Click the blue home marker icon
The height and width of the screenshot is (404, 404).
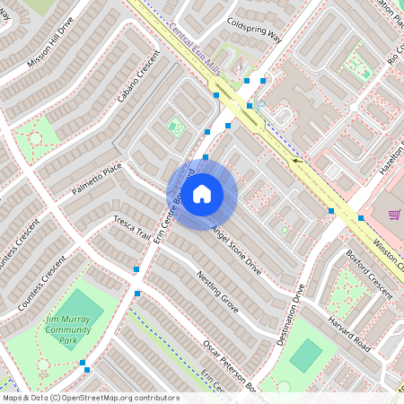tap(202, 193)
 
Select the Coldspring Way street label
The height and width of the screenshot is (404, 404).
tap(254, 30)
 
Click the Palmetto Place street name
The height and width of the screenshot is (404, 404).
tap(97, 180)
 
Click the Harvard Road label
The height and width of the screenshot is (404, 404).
tap(348, 333)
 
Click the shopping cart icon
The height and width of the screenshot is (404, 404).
tap(393, 215)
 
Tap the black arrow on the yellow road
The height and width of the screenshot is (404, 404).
tap(296, 161)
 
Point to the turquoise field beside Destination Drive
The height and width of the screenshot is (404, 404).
tap(305, 356)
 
